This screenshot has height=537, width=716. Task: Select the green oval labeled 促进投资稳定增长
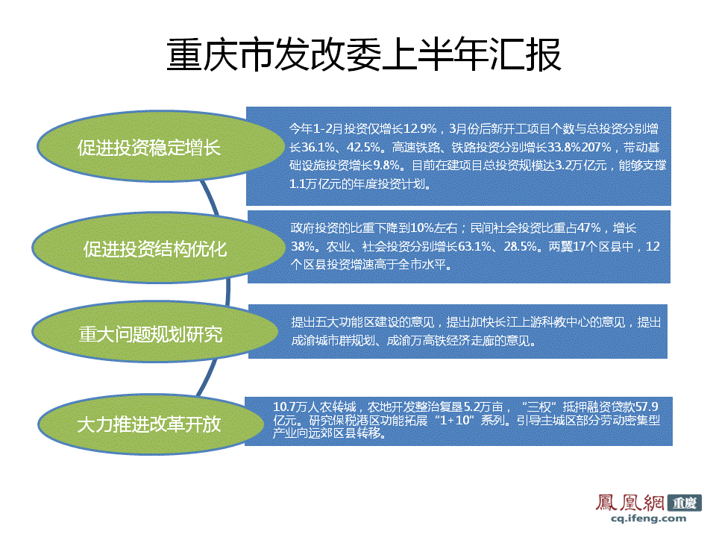click(149, 147)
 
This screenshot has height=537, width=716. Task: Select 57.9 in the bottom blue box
click(644, 407)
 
